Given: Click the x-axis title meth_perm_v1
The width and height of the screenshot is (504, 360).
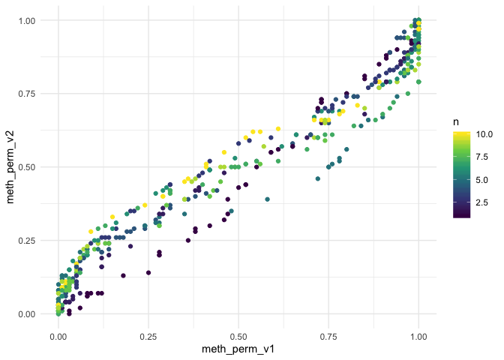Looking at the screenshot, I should click(x=238, y=349).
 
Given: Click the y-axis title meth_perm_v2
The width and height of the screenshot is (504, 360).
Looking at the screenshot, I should click(x=11, y=167).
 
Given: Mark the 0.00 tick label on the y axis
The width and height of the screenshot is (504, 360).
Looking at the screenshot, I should click(x=27, y=314).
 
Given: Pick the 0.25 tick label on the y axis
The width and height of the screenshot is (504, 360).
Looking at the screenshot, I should click(x=27, y=241).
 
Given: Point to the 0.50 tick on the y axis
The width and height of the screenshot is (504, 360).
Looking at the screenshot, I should click(x=27, y=167).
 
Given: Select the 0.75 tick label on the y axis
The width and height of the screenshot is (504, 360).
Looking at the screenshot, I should click(x=27, y=94).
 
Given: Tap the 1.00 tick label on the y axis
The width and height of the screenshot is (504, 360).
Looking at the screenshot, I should click(x=27, y=20).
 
